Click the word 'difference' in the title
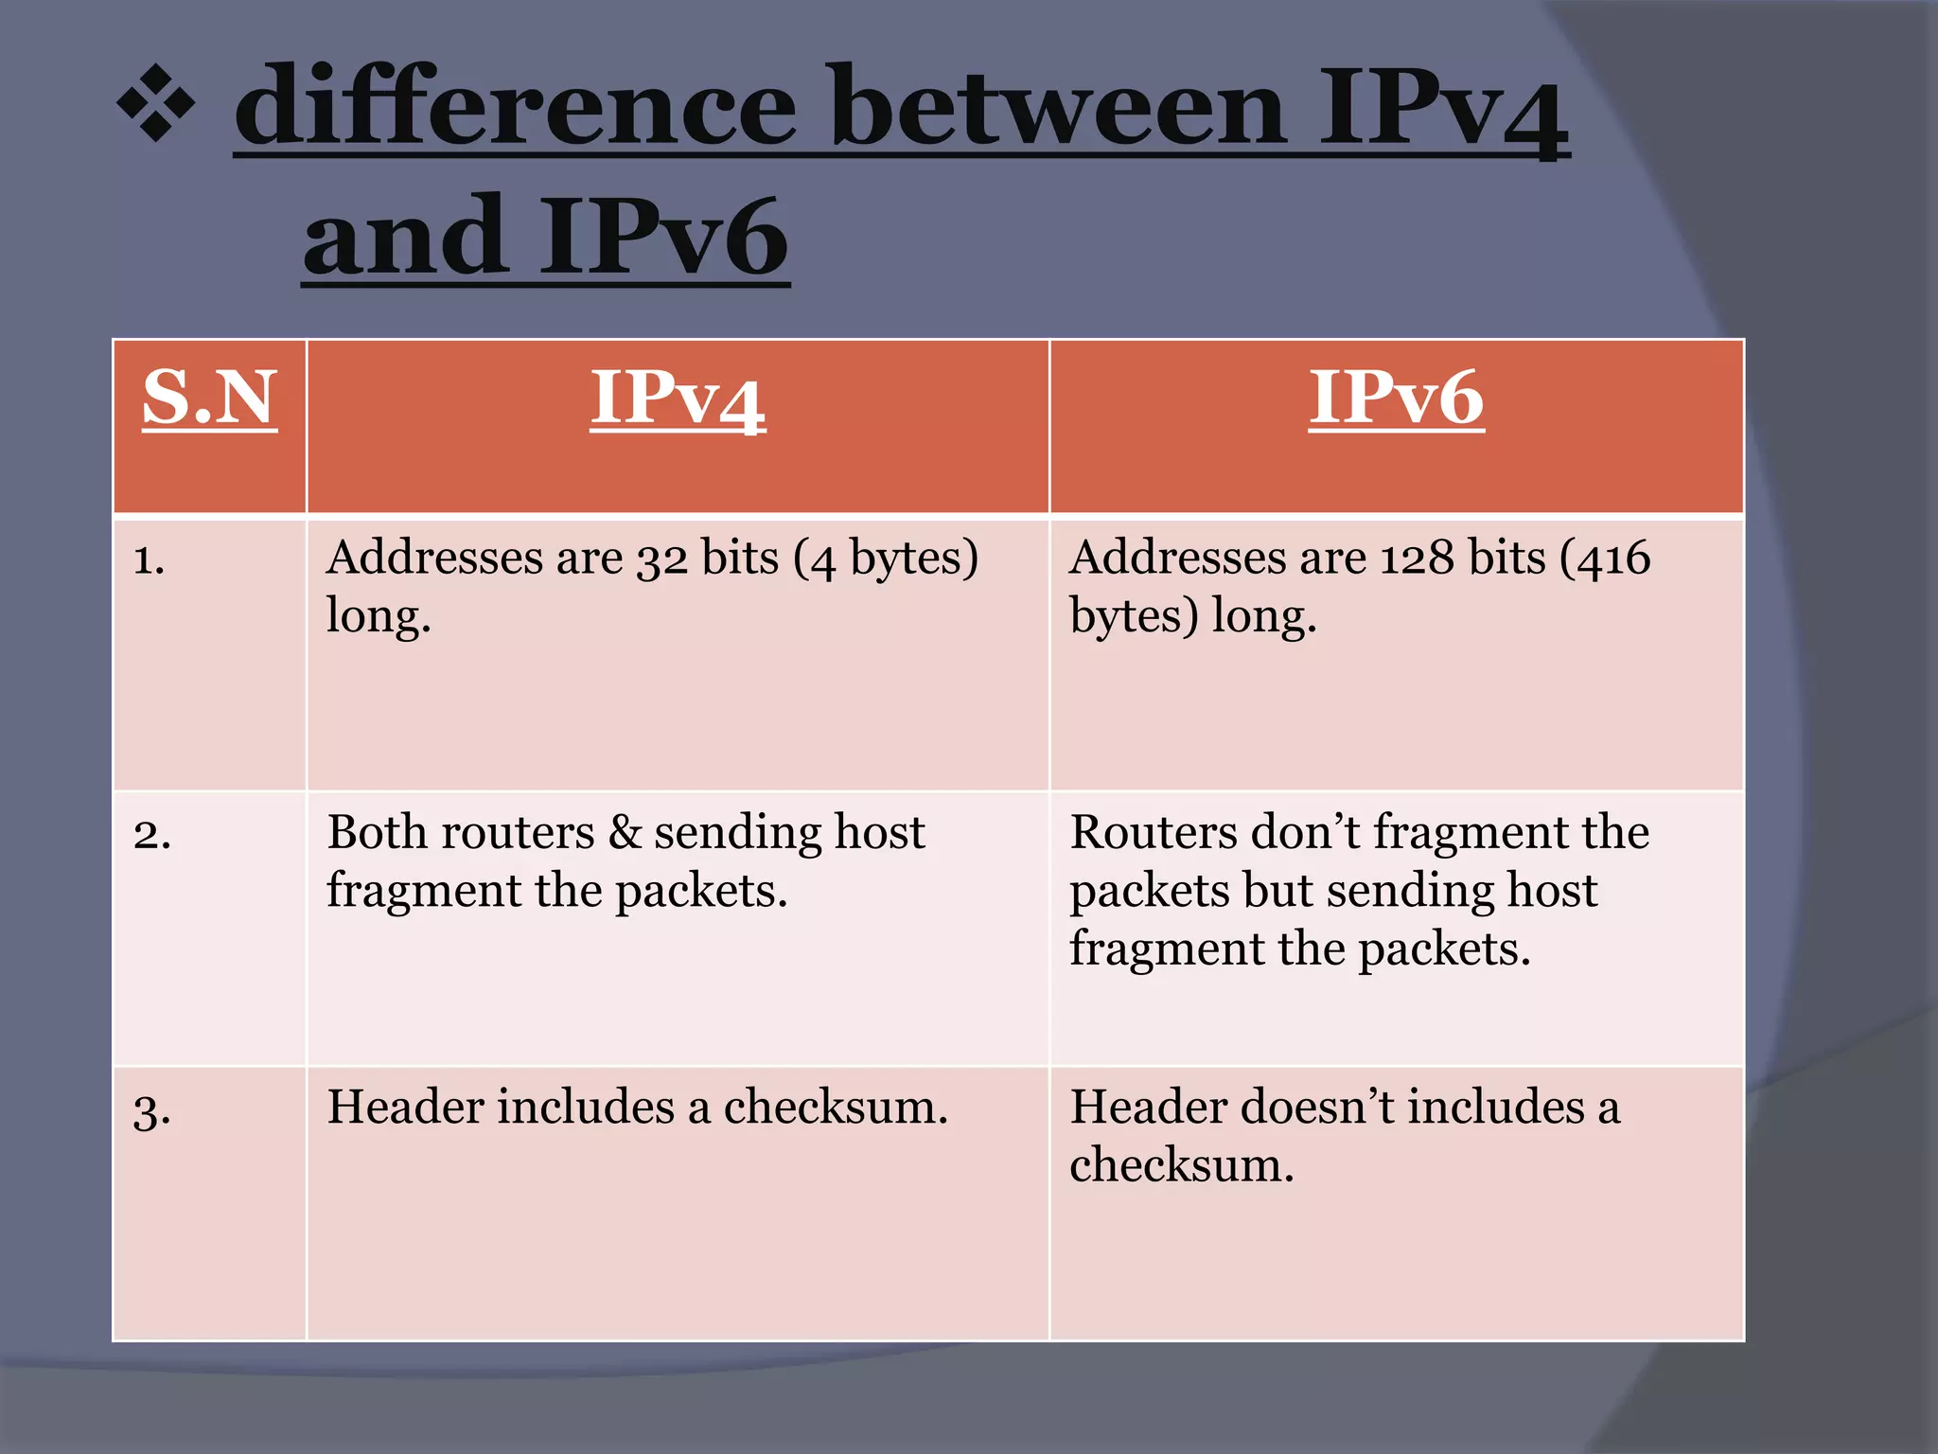pos(516,106)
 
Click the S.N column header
pos(209,399)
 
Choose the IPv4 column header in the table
pos(678,399)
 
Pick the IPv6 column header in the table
pos(1396,399)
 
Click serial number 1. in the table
pos(149,559)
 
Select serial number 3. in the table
pos(152,1109)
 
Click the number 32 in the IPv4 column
pos(661,559)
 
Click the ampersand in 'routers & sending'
pos(625,833)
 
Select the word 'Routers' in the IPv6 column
pos(1153,832)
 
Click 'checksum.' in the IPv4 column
pos(836,1107)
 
